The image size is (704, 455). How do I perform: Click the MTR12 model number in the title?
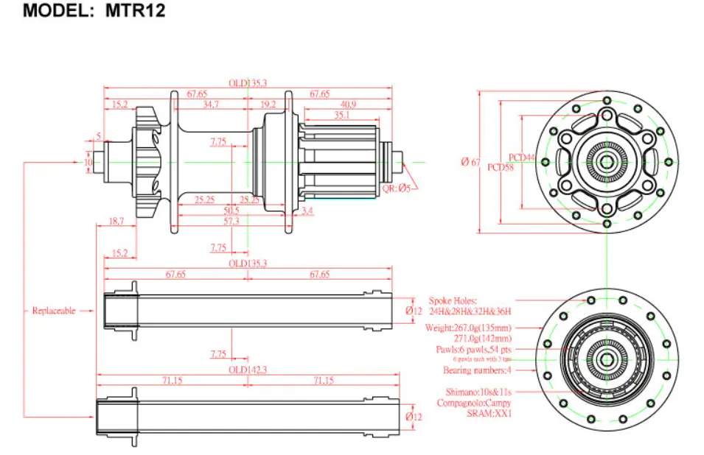(x=135, y=11)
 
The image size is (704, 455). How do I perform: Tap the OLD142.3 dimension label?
(x=247, y=370)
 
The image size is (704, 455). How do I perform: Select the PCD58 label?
(x=501, y=167)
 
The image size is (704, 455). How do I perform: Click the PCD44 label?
(x=522, y=158)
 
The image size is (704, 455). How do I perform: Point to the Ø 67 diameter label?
(x=470, y=162)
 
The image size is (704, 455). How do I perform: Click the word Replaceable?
(x=54, y=311)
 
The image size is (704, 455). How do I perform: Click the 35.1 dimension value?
(x=342, y=116)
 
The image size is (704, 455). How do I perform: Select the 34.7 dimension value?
(x=210, y=105)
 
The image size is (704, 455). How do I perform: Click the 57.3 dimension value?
(x=231, y=221)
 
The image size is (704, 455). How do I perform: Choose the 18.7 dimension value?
(x=116, y=221)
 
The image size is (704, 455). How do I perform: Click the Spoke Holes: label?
(x=453, y=300)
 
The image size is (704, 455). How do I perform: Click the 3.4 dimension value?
(x=307, y=211)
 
